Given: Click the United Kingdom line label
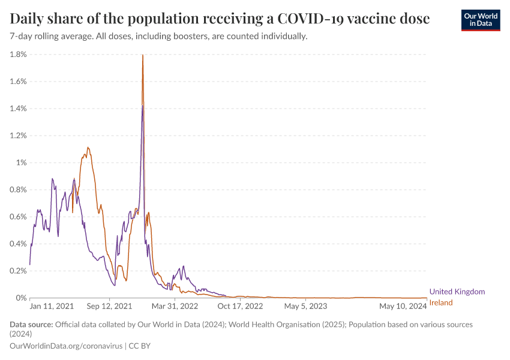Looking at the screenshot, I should [x=457, y=292].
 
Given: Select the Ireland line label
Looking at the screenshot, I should [x=441, y=302].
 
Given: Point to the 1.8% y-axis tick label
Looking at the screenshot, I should [x=19, y=55].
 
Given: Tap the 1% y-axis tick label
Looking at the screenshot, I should [x=21, y=163].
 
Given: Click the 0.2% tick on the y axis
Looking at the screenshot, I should [x=19, y=271].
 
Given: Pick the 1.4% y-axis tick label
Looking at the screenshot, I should [x=19, y=109].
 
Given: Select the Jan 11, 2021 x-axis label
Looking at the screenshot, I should [x=52, y=306].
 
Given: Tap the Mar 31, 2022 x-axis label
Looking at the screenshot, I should [x=175, y=306].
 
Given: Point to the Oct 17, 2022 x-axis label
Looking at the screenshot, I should [x=240, y=306].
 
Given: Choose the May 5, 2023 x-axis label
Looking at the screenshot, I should [x=306, y=306].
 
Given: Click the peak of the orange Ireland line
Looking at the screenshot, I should [x=142, y=55].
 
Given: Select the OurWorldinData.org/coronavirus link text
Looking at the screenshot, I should [x=65, y=346].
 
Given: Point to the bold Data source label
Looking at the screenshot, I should [x=31, y=325].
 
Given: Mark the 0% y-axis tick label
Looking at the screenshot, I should [x=21, y=298].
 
